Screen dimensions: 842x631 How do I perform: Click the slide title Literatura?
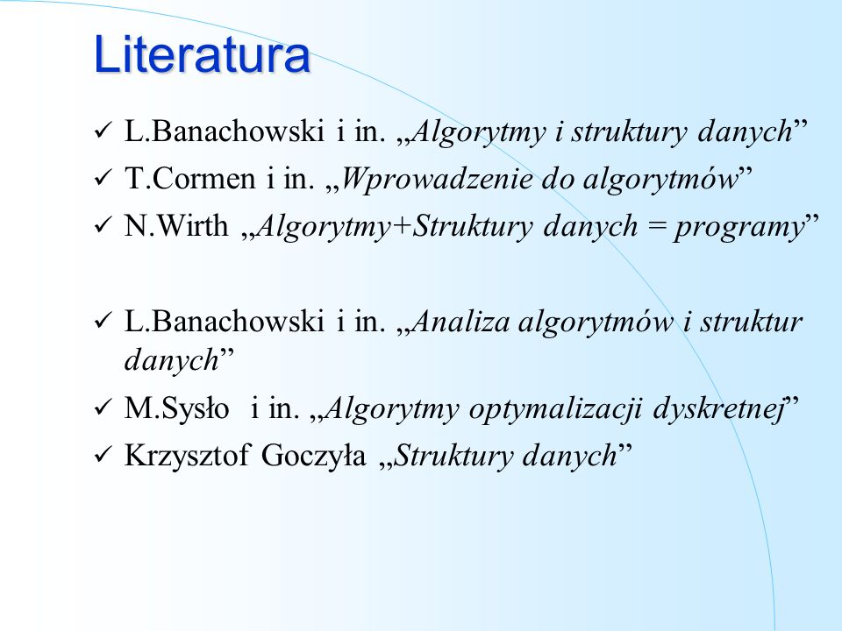coord(202,53)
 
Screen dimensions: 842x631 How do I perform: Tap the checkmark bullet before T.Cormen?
coord(102,178)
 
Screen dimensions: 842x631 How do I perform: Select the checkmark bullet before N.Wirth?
coord(102,225)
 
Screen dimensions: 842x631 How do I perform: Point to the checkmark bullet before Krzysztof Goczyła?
coord(102,456)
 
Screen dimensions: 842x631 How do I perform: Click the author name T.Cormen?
coord(189,178)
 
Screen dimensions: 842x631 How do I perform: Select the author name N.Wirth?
coord(176,225)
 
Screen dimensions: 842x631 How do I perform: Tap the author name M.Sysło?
coord(176,409)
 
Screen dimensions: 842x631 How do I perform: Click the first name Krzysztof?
coord(187,457)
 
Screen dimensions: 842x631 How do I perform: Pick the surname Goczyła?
coord(313,456)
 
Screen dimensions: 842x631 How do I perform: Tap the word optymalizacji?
coord(555,410)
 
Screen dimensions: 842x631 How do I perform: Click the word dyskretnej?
coord(718,410)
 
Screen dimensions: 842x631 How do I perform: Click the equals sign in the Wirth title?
coord(656,227)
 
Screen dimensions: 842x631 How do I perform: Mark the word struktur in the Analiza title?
coord(752,322)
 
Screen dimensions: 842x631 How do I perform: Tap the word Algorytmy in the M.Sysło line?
coord(392,410)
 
